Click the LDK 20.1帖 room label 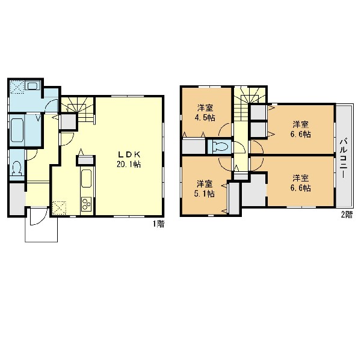point(129,159)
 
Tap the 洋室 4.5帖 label point(205,113)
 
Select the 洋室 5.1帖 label point(205,189)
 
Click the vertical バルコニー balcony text point(344,158)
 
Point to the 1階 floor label point(159,224)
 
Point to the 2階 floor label point(347,215)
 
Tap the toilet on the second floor point(220,146)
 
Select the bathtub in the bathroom point(17,130)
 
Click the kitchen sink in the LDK point(87,178)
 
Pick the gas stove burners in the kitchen point(87,204)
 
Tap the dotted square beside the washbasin point(17,87)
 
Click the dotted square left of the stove point(59,208)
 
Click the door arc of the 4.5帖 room point(224,130)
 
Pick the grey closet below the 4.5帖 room point(194,146)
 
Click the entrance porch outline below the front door point(41,242)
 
